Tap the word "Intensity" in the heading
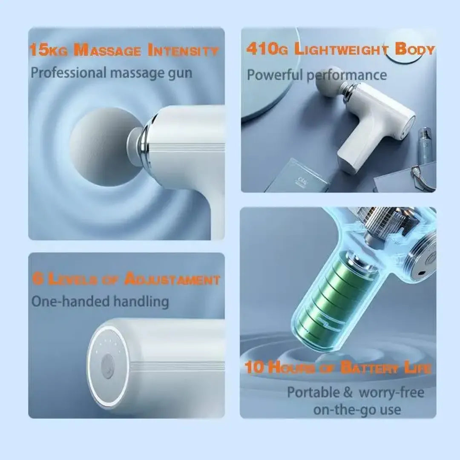click(183, 51)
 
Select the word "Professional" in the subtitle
click(68, 72)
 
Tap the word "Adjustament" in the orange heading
click(172, 280)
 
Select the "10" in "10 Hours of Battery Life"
click(255, 367)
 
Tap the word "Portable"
click(314, 392)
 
